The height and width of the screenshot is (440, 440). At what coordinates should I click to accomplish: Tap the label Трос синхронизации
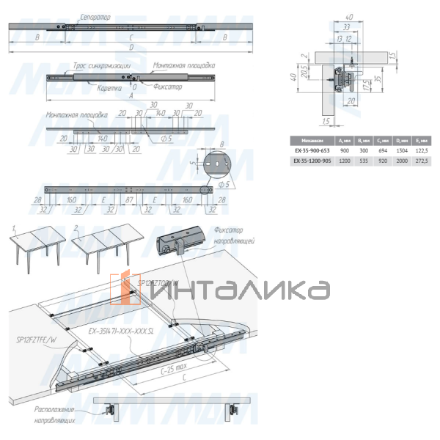click(x=100, y=65)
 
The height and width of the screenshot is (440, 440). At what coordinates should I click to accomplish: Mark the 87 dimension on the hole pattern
click(x=129, y=199)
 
